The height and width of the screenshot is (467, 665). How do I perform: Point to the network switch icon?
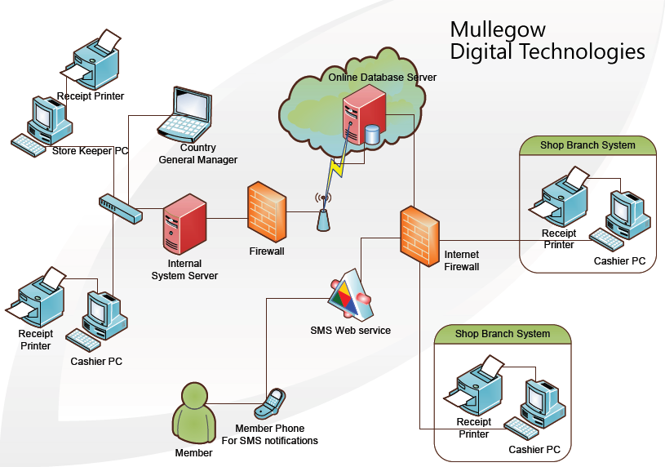[120, 207]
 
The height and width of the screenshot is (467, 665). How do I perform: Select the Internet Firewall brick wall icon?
[419, 235]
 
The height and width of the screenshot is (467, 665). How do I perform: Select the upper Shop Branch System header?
[587, 145]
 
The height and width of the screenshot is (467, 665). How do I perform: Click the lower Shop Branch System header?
[502, 333]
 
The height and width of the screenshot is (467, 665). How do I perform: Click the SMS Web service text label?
[350, 331]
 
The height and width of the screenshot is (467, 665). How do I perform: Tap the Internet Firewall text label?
[461, 260]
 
